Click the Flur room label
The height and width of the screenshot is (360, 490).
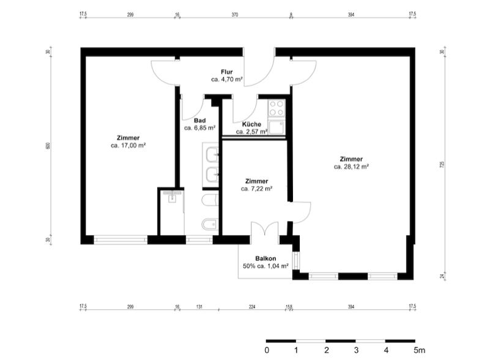point(227,72)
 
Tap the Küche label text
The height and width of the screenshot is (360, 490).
point(251,124)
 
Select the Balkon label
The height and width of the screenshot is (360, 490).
point(265,258)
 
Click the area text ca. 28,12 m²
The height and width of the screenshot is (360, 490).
point(351,167)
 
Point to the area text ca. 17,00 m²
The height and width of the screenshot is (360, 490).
point(128,146)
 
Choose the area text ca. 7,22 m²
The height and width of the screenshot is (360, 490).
point(256,189)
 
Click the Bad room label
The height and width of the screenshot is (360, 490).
point(199,121)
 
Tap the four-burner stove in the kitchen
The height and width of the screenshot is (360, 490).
point(277,108)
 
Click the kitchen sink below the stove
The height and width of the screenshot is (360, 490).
point(277,127)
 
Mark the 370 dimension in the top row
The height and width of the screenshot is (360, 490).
point(235,14)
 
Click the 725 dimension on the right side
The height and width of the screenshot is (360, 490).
point(442,165)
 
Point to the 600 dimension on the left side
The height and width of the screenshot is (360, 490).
point(48,146)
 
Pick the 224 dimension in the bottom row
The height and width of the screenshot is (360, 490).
point(252,307)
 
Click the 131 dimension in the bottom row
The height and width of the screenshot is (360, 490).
point(199,307)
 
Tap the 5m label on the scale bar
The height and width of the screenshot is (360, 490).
point(420,350)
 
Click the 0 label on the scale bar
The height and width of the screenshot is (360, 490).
point(267,350)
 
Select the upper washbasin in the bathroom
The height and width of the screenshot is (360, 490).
point(212,154)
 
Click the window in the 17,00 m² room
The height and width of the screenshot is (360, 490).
point(121,240)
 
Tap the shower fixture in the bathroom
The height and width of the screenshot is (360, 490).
point(172,196)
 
